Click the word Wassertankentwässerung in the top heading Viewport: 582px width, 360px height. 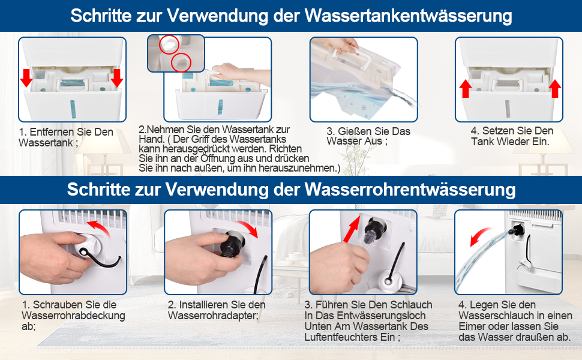click(x=408, y=16)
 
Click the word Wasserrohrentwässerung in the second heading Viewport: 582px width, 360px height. click(x=410, y=189)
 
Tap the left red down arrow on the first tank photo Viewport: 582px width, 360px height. click(x=26, y=78)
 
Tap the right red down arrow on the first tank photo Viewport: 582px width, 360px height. click(x=117, y=78)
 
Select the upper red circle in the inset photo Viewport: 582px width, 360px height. click(x=169, y=44)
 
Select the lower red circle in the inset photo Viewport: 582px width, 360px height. click(x=181, y=62)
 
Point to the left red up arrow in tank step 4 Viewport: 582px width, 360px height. click(x=466, y=89)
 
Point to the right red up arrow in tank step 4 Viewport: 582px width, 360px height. click(x=555, y=89)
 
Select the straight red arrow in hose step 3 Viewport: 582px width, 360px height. click(x=352, y=229)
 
